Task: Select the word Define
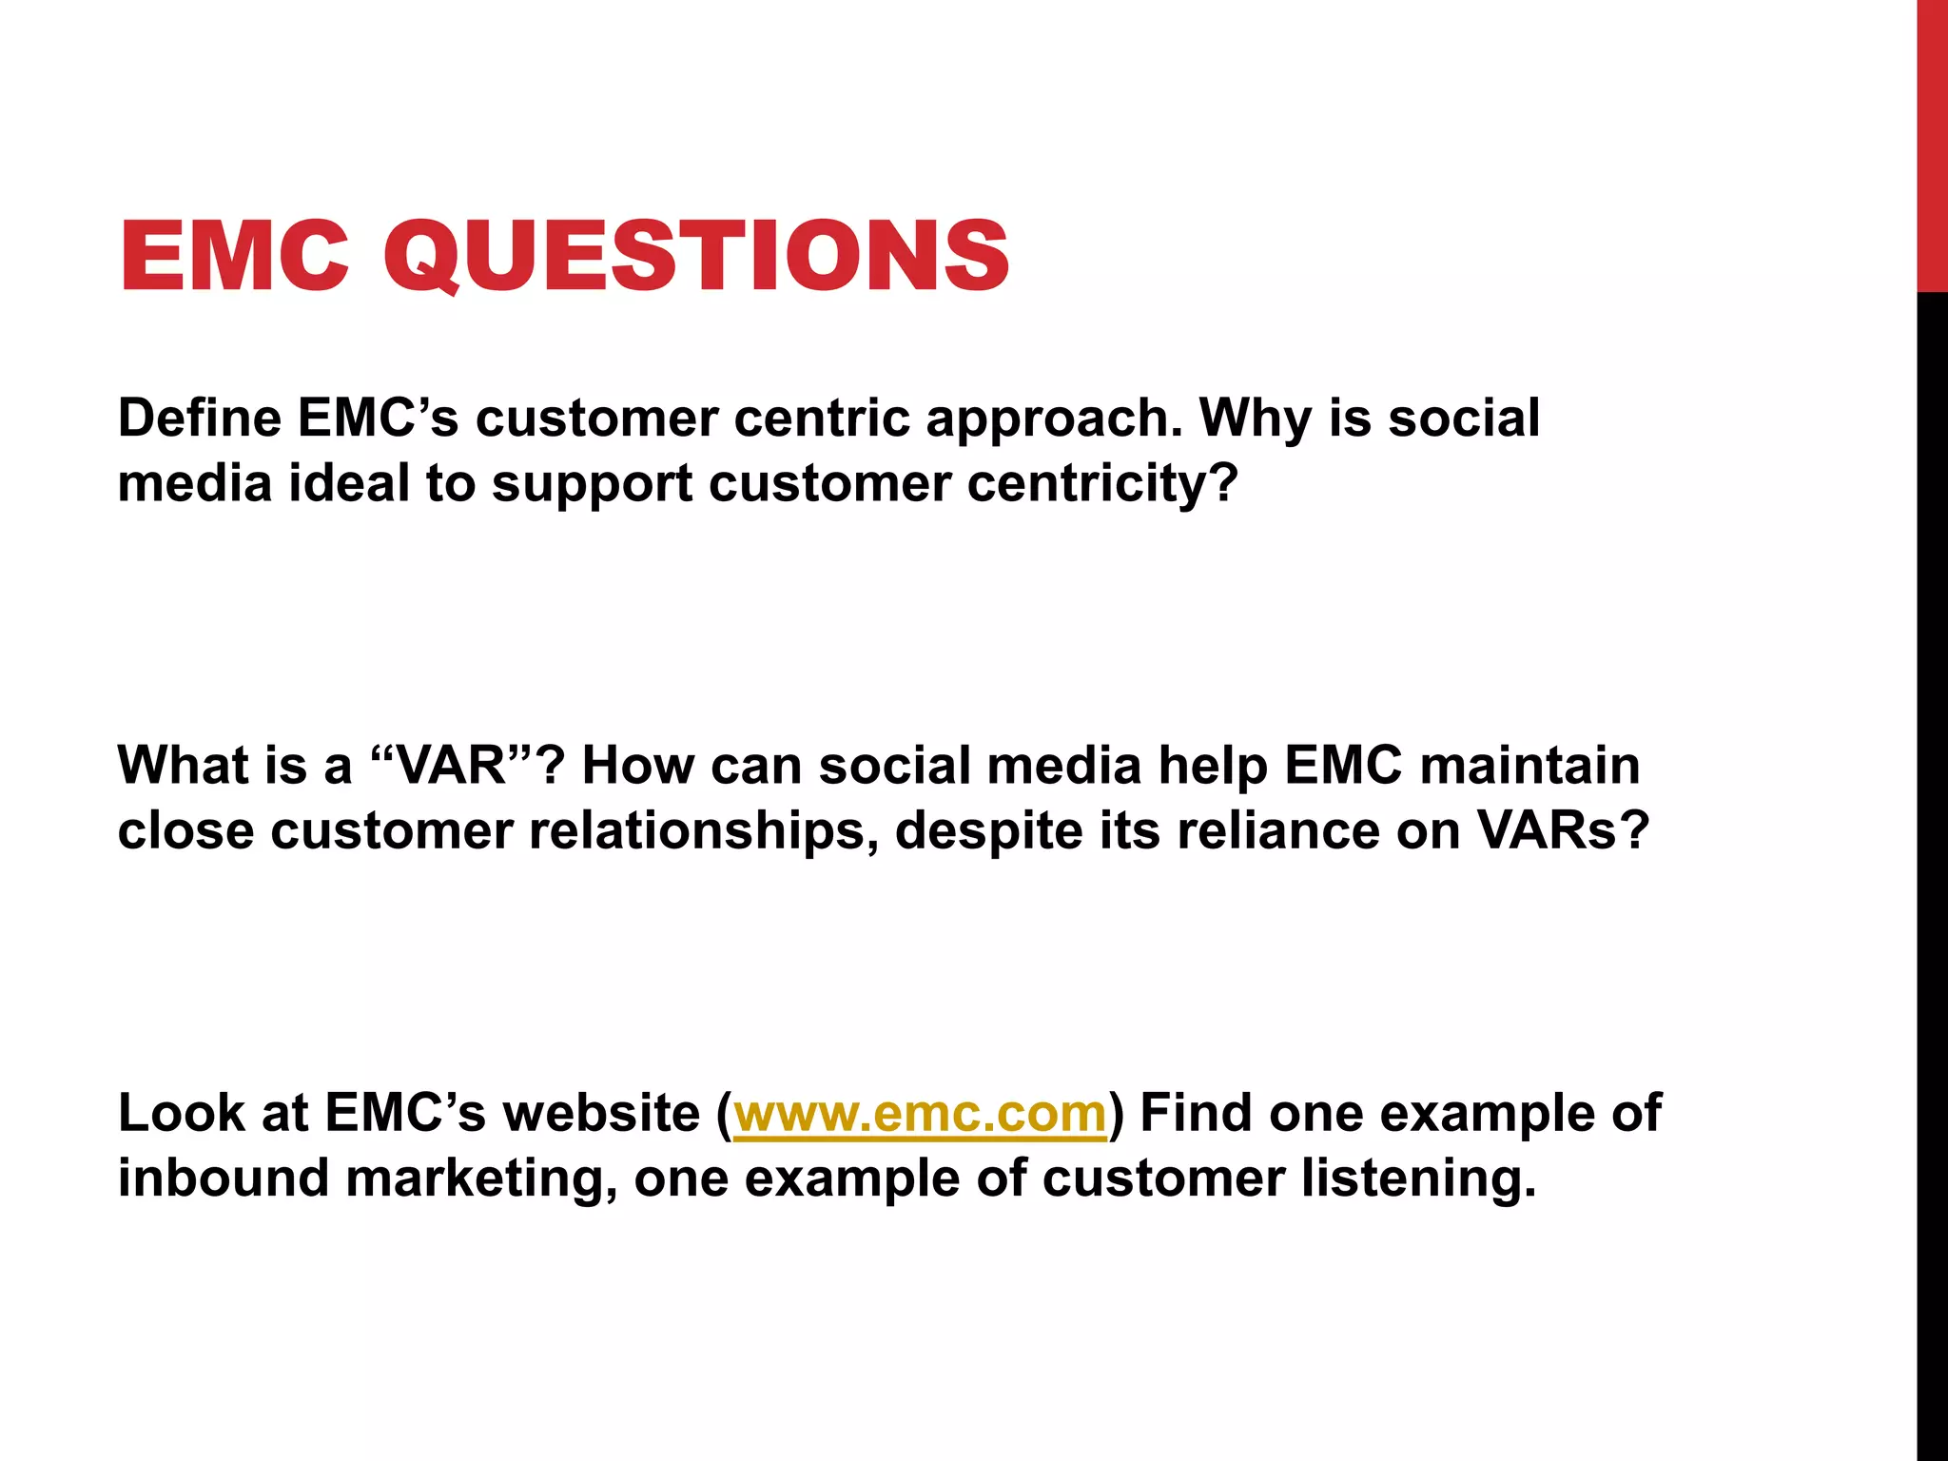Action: coord(199,418)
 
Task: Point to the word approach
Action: coord(1054,419)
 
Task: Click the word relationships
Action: coord(703,831)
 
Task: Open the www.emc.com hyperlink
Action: coord(920,1113)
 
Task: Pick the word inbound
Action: coord(223,1177)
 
